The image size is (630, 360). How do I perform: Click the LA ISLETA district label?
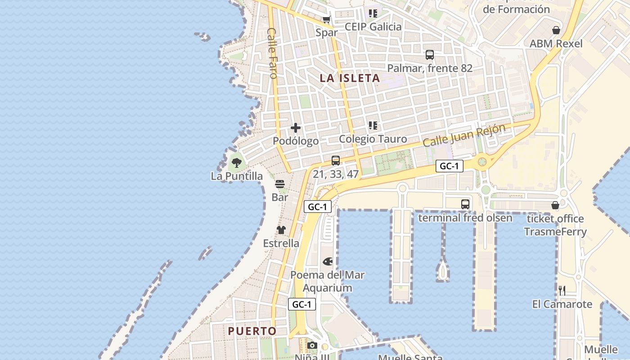(x=350, y=78)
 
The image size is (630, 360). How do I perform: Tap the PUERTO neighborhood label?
(x=252, y=331)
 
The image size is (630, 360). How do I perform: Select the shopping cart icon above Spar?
(x=327, y=20)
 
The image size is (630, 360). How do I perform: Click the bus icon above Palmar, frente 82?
(x=430, y=55)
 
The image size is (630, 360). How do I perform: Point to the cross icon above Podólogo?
(x=296, y=128)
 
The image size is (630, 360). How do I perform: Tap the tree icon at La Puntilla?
(x=237, y=162)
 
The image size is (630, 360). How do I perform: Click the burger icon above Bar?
(x=280, y=184)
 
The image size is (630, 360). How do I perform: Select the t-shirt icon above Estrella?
(x=281, y=230)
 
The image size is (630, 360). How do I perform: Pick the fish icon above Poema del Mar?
(x=328, y=261)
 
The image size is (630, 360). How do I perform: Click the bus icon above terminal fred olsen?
(x=465, y=204)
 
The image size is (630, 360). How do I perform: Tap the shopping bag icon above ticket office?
(x=555, y=205)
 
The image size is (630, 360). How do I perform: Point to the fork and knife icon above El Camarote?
(x=562, y=290)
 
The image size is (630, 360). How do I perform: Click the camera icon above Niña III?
(x=312, y=346)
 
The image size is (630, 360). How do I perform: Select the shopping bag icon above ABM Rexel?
(x=556, y=30)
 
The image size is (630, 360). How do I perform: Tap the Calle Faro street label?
(x=272, y=53)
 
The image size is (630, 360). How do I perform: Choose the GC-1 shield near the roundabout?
(x=449, y=166)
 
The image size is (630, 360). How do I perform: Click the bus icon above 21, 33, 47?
(x=336, y=161)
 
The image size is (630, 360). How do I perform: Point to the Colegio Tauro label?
(x=373, y=139)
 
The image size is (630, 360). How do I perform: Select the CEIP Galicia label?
(x=373, y=27)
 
